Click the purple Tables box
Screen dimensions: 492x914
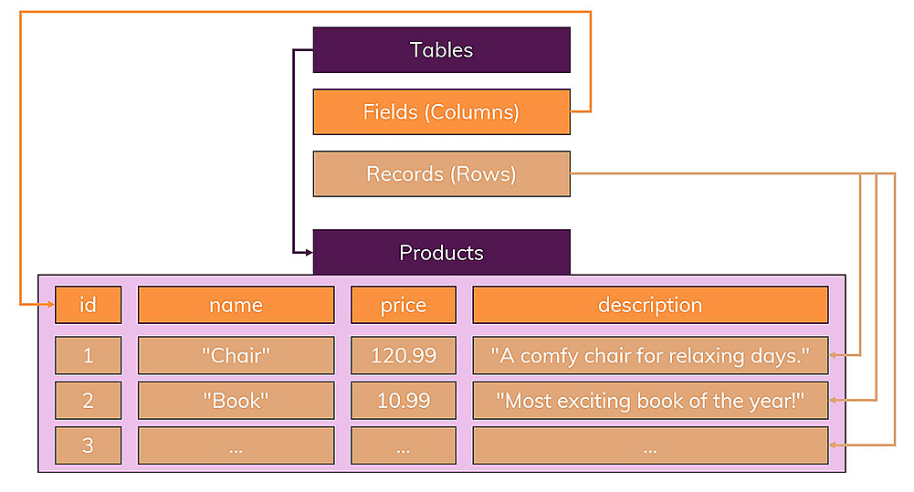coord(441,49)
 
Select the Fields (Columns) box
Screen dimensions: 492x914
coord(441,111)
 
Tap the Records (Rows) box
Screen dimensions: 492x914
coord(441,173)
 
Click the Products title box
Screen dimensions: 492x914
coord(441,252)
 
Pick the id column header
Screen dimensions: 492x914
coord(88,305)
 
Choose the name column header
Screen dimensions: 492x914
coord(236,305)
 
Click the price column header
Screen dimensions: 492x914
coord(403,305)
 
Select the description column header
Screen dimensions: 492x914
coord(649,305)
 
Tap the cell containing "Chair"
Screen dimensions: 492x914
coord(236,355)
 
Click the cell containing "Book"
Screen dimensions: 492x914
coord(236,400)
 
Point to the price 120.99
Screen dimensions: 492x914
coord(403,355)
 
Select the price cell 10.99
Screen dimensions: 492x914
coord(403,400)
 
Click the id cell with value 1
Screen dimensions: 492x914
coord(88,355)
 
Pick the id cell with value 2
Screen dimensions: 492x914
coord(88,400)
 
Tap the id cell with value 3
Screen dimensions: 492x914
coord(88,445)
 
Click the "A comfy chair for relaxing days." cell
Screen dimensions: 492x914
coord(649,355)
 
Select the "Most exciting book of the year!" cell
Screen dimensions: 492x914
coord(649,400)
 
